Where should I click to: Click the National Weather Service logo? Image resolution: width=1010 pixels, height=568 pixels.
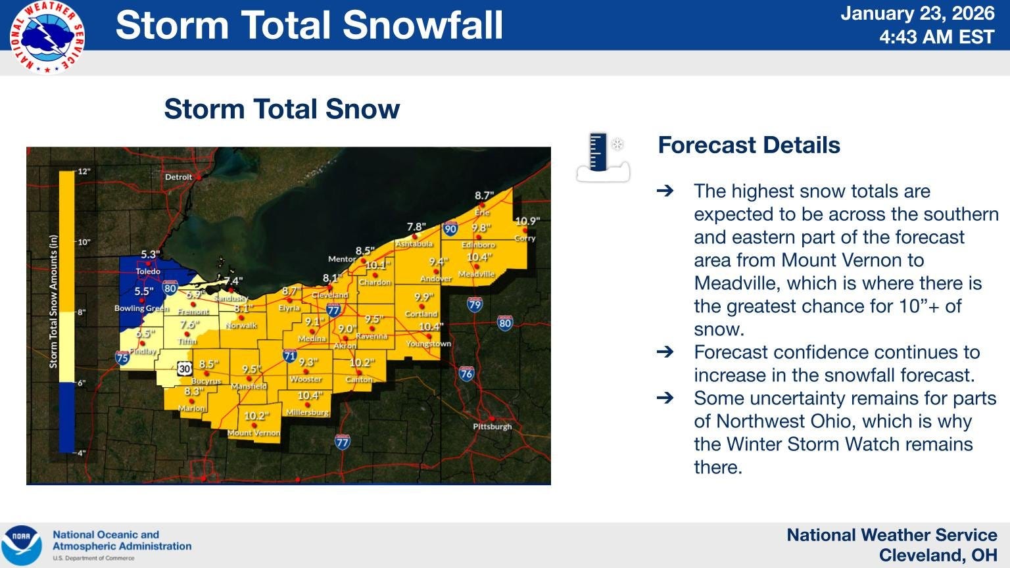pyautogui.click(x=47, y=37)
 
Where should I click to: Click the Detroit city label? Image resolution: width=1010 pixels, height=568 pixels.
pyautogui.click(x=178, y=177)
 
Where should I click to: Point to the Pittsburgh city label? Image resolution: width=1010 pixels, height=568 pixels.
pyautogui.click(x=492, y=427)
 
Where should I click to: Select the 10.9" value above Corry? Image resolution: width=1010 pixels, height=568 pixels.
pyautogui.click(x=527, y=222)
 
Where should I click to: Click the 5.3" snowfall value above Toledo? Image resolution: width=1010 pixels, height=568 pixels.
pyautogui.click(x=150, y=255)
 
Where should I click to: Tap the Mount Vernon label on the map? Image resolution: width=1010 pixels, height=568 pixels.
pyautogui.click(x=253, y=433)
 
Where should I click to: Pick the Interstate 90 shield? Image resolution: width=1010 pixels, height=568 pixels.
pyautogui.click(x=450, y=229)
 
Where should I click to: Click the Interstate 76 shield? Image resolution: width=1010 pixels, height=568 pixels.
pyautogui.click(x=466, y=374)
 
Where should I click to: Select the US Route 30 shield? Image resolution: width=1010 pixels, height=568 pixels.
pyautogui.click(x=184, y=369)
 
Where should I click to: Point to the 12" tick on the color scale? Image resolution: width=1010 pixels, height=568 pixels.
pyautogui.click(x=84, y=172)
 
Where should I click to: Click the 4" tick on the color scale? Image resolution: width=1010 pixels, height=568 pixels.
pyautogui.click(x=82, y=453)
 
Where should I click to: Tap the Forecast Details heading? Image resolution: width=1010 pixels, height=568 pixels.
pyautogui.click(x=749, y=145)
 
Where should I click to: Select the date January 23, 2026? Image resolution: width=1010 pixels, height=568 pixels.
pyautogui.click(x=918, y=14)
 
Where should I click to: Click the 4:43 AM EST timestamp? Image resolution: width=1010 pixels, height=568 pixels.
pyautogui.click(x=936, y=37)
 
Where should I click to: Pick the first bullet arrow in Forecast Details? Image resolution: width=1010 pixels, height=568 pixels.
pyautogui.click(x=665, y=191)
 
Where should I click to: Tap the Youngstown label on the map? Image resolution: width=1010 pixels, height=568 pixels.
pyautogui.click(x=428, y=344)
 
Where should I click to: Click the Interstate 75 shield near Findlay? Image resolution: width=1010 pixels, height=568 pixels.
pyautogui.click(x=122, y=358)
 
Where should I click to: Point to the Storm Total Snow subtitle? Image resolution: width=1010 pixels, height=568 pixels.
pyautogui.click(x=281, y=109)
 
